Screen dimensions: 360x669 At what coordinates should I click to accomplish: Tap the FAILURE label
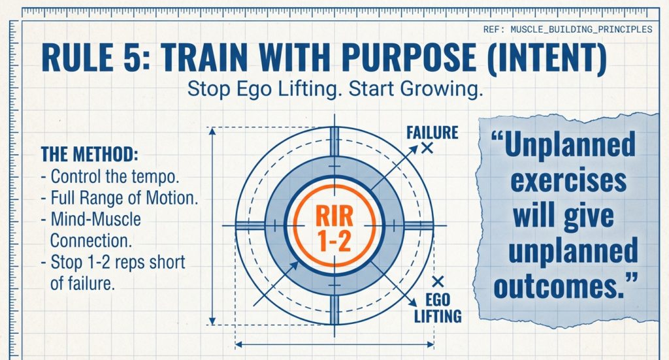pos(432,133)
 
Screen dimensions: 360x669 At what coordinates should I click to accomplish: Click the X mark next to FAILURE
pos(427,149)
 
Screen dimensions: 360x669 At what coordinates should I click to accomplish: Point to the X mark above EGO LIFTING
pos(438,282)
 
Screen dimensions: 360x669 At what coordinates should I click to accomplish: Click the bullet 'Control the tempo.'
pos(110,176)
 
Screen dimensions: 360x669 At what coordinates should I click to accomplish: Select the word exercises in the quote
pos(568,181)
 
